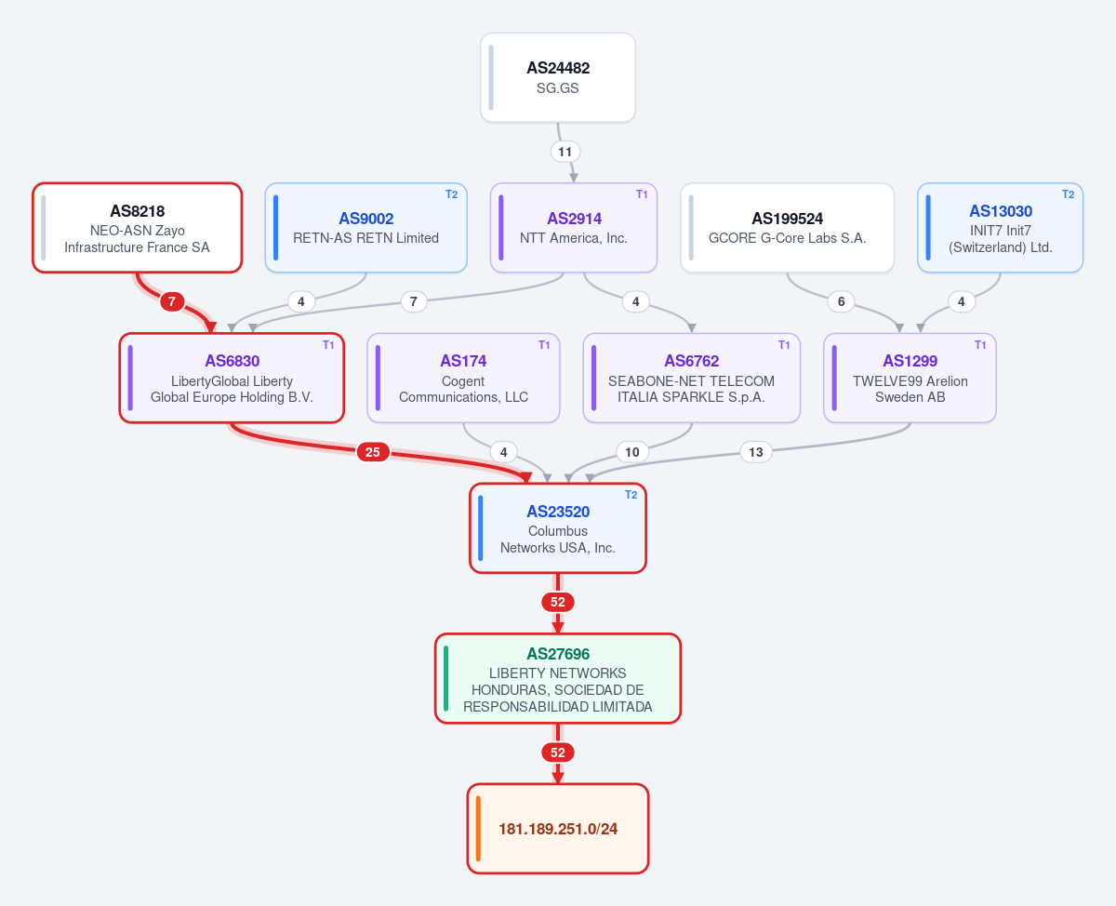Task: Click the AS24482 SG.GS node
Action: pos(557,77)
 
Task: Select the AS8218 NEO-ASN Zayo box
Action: pos(138,228)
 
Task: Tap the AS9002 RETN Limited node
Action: pos(365,228)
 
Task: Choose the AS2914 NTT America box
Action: pos(574,228)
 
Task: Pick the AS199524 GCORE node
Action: pos(787,228)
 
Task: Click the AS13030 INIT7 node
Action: pos(1000,228)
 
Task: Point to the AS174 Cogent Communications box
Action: pos(463,378)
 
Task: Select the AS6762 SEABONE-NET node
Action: pos(692,378)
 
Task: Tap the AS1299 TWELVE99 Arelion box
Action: pos(910,378)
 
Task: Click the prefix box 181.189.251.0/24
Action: pos(557,829)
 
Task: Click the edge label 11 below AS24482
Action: pos(565,152)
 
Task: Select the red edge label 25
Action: pos(373,452)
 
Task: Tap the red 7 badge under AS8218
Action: pos(172,301)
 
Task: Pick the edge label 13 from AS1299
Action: pos(755,452)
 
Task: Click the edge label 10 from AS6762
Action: pos(631,452)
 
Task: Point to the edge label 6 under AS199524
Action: pos(841,301)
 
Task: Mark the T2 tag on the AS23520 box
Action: pos(631,495)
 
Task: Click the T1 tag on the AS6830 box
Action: pos(328,345)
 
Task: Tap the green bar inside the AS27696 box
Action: pos(445,679)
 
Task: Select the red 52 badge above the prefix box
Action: pos(557,753)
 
